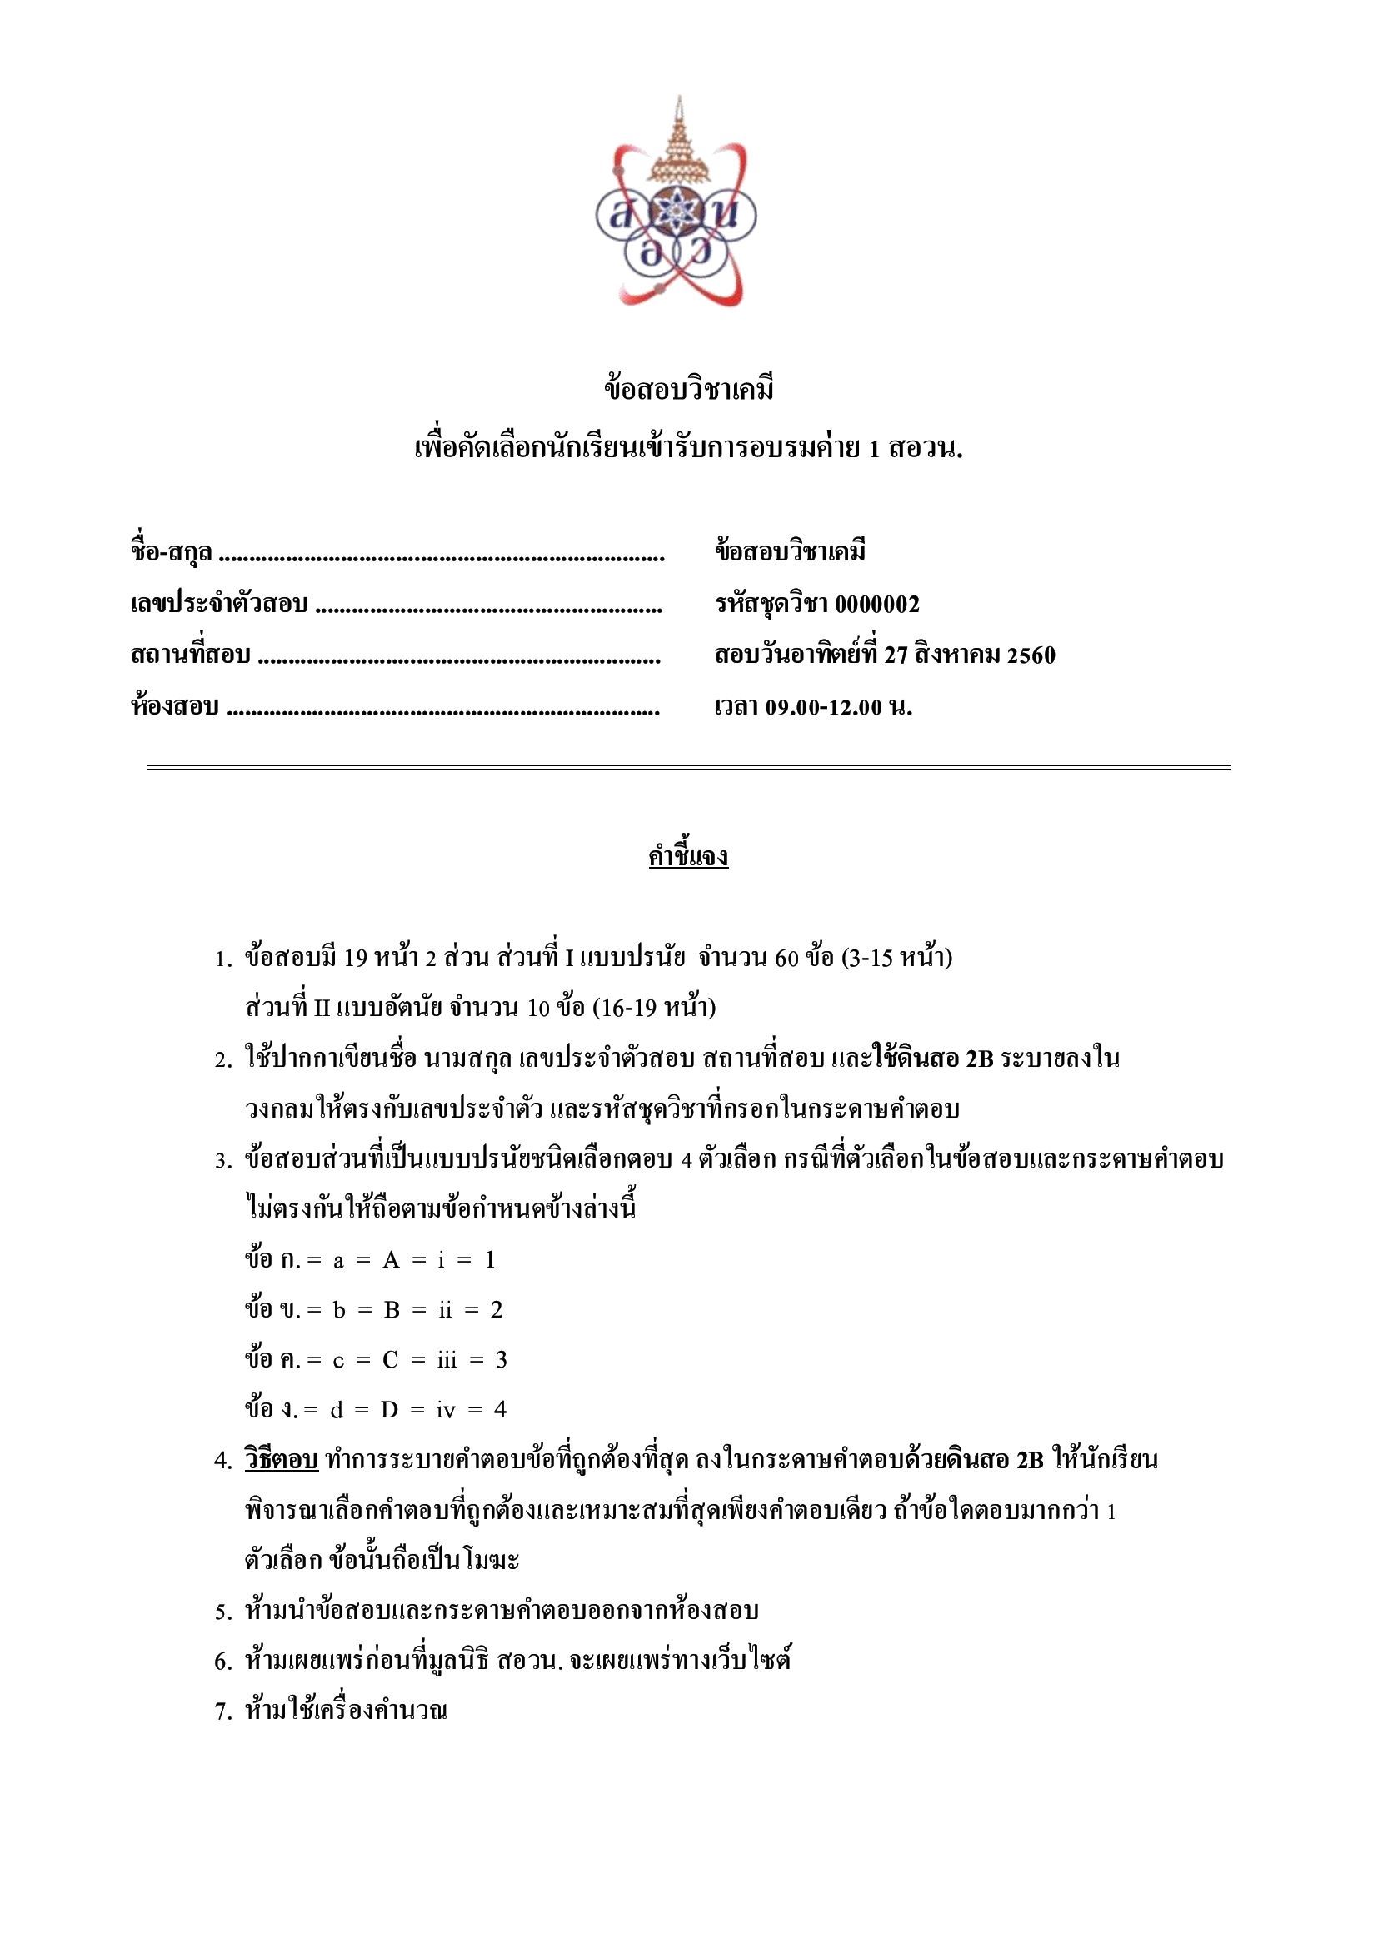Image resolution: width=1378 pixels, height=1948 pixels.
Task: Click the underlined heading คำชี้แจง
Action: pos(688,856)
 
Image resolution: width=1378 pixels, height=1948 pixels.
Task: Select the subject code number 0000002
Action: pos(876,604)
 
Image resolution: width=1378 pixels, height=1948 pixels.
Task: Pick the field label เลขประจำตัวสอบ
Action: pos(219,604)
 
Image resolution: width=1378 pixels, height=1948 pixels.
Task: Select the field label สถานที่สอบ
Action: pos(190,655)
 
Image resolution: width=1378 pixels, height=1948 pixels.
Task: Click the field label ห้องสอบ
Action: pos(175,707)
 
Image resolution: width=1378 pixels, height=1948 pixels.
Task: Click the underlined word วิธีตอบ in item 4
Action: pos(281,1460)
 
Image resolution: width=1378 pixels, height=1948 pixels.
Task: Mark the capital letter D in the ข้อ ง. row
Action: pos(388,1410)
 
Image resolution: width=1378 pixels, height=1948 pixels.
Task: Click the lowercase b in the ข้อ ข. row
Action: pos(338,1310)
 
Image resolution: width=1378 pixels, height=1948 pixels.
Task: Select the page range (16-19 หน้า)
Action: pos(653,1008)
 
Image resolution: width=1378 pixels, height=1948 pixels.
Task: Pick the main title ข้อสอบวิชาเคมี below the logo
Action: pos(688,390)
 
